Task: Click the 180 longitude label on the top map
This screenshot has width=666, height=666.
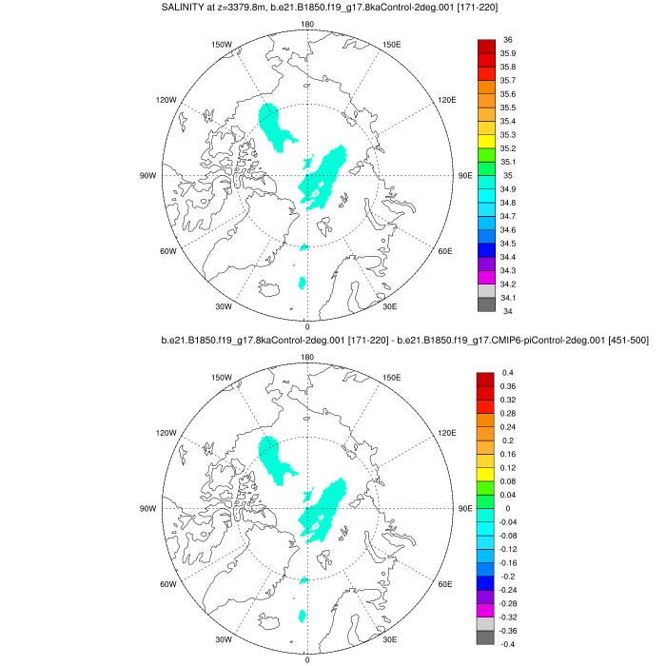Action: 306,24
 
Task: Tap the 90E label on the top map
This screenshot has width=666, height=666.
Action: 465,175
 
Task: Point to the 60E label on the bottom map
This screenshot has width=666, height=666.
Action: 444,584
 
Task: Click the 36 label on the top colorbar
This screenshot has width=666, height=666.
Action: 508,39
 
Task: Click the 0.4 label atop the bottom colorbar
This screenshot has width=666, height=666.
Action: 508,372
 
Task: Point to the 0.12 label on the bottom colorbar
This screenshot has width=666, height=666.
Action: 511,467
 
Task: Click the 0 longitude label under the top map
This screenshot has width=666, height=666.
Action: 306,326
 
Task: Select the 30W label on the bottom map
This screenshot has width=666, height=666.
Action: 225,639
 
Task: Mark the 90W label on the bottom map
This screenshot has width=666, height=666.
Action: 147,508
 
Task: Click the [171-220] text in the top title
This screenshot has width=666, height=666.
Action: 472,8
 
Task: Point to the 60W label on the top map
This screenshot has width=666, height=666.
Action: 167,251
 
